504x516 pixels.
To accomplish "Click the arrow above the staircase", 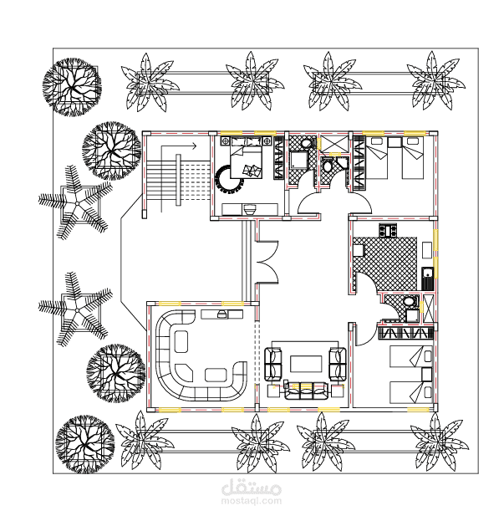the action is pos(179,146).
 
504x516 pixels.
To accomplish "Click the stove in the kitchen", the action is pos(388,230).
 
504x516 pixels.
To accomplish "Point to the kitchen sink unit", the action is pos(428,278).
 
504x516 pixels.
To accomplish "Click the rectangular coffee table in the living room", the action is pos(306,364).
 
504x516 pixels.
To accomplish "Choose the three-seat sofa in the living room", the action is pos(306,391).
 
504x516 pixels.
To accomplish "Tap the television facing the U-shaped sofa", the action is pos(222,314).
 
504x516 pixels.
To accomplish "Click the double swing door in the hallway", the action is pos(267,262).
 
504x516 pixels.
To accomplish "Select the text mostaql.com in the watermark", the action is pos(252,501).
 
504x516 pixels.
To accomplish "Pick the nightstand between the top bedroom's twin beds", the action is pos(395,142).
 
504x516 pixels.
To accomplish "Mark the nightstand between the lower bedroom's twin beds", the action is pos(427,375).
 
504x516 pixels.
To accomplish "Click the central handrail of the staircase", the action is pos(178,180).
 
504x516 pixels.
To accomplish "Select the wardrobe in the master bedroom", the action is pos(278,158).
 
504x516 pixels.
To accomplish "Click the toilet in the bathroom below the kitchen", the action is pos(409,301).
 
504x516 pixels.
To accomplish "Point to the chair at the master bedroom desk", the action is pos(249,209).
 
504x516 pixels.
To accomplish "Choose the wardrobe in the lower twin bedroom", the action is pos(405,333).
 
